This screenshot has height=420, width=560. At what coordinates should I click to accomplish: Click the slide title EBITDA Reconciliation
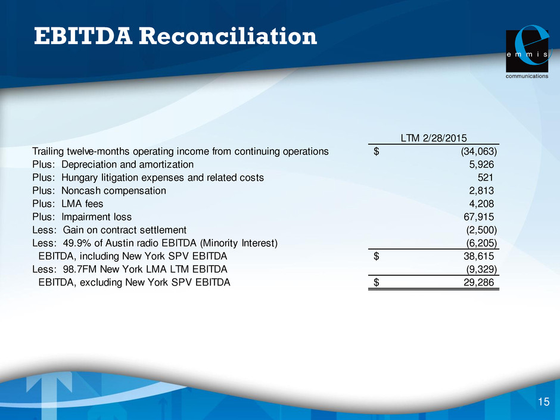(x=175, y=36)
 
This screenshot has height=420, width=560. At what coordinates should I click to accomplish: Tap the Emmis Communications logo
(x=528, y=52)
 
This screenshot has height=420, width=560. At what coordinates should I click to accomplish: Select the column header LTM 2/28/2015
(x=434, y=138)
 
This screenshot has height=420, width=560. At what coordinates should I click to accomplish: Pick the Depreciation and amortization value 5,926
(x=481, y=164)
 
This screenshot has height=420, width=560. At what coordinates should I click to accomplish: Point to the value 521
(x=486, y=178)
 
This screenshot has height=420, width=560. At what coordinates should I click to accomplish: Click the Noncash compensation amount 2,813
(x=481, y=191)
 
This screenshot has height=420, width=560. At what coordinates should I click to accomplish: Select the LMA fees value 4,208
(x=481, y=204)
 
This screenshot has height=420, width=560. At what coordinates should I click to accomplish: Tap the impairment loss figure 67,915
(x=478, y=217)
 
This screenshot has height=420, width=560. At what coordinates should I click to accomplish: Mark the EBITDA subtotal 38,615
(x=478, y=256)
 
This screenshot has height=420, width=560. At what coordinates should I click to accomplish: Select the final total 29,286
(x=478, y=282)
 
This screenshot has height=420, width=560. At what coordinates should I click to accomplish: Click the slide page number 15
(x=543, y=402)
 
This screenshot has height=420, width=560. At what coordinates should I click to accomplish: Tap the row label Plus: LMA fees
(x=68, y=204)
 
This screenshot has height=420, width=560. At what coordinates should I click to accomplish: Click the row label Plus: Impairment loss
(x=82, y=217)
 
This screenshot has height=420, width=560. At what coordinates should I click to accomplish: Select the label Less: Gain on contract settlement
(x=109, y=230)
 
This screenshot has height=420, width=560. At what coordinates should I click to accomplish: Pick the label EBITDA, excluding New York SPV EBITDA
(x=134, y=282)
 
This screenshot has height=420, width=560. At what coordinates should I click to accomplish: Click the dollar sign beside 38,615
(x=376, y=256)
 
